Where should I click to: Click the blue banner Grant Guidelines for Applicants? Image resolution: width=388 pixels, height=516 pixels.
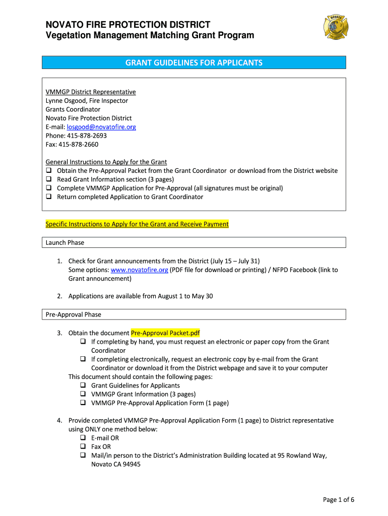tap(194, 62)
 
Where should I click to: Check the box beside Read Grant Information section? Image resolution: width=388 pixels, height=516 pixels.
tap(49, 179)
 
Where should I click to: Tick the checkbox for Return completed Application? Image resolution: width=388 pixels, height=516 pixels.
tap(49, 197)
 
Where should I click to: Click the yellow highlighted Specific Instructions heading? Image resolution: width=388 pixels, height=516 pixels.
tap(137, 224)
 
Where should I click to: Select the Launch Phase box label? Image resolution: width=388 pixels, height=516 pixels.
tap(65, 242)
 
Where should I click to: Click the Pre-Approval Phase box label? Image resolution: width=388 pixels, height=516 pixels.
tap(74, 314)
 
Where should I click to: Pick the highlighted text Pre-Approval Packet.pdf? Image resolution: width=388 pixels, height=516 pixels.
tap(165, 333)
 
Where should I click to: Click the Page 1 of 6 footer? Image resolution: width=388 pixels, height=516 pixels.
tap(339, 499)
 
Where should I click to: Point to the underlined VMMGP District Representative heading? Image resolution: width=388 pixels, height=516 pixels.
tap(91, 92)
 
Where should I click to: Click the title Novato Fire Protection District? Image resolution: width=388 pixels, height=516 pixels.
tap(128, 25)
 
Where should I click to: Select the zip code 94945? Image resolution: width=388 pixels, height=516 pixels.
tap(131, 464)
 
